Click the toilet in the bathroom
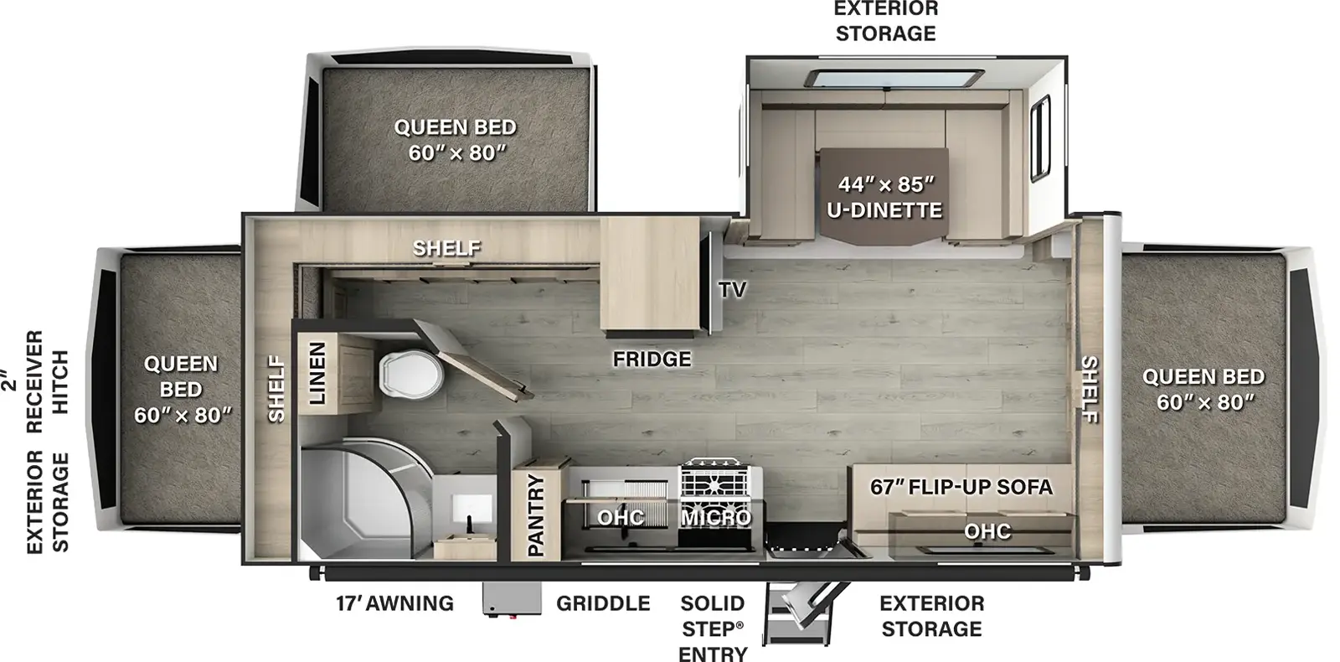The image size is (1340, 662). click(411, 375)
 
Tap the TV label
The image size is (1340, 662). click(733, 290)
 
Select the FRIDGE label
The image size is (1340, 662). click(652, 359)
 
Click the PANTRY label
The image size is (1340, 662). click(536, 515)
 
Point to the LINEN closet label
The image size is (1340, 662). click(317, 374)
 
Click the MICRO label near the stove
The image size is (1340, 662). click(716, 518)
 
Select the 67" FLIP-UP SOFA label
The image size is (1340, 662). click(961, 487)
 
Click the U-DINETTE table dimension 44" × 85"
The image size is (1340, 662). click(886, 184)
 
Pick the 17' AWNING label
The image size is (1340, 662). click(394, 603)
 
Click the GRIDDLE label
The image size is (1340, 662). click(603, 603)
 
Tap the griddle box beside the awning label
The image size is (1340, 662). click(513, 598)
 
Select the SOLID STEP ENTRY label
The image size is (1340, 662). click(713, 629)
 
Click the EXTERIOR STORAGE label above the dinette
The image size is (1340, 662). click(886, 22)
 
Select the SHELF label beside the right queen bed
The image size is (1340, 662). click(1090, 390)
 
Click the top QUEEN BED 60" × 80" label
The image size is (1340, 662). click(456, 140)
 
